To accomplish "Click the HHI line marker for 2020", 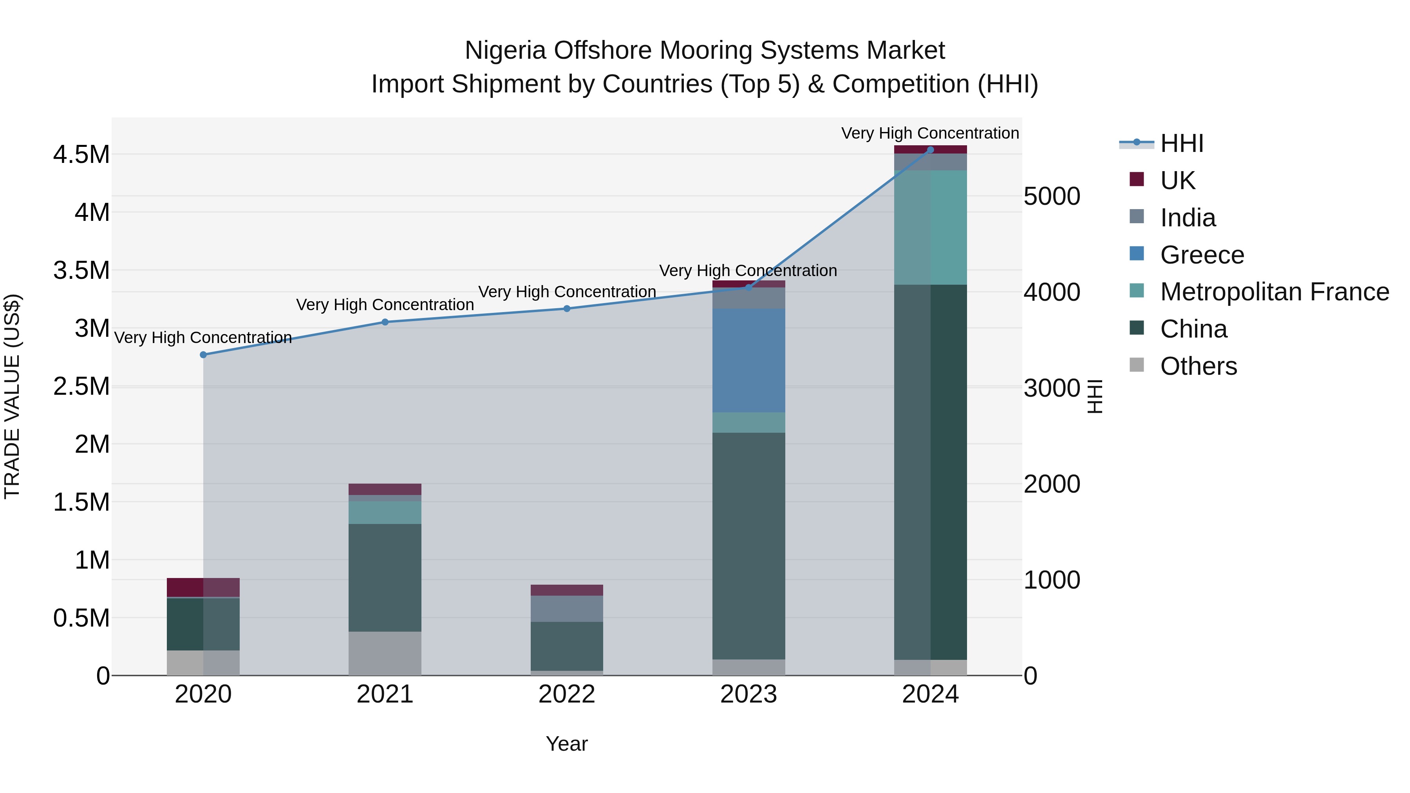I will point(203,355).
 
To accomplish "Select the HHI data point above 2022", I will point(566,309).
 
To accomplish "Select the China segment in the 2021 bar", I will point(385,577).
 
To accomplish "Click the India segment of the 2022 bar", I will point(566,608).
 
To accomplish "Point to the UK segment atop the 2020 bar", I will point(203,587).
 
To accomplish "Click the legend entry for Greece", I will point(1202,255).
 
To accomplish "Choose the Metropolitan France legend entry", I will point(1274,292).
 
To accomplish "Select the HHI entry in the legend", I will point(1181,143).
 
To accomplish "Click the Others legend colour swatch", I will point(1136,365).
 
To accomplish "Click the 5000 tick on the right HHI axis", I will point(1052,197).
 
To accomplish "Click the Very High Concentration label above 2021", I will point(385,305).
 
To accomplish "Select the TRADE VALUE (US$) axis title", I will point(12,396).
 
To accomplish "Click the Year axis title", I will point(566,744).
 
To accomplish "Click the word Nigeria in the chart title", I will point(505,51).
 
